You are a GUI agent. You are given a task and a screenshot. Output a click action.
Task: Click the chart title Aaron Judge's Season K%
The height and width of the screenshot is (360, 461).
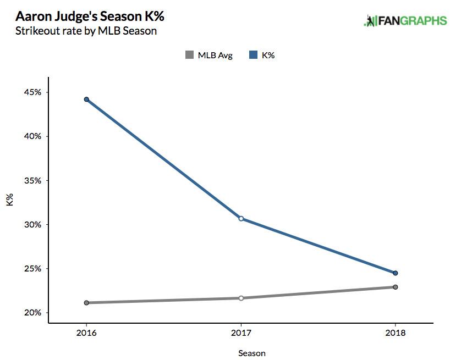[x=86, y=15]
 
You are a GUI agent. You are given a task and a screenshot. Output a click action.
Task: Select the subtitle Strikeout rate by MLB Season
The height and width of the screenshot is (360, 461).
[x=86, y=31]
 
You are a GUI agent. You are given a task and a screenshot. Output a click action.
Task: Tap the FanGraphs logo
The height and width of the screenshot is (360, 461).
[x=405, y=21]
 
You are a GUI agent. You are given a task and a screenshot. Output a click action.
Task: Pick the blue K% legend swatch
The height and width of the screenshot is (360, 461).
[x=254, y=55]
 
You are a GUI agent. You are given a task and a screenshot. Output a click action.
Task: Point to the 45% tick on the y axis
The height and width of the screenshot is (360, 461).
[x=32, y=92]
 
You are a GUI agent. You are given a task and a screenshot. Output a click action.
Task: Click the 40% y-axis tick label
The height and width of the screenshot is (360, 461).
[x=32, y=136]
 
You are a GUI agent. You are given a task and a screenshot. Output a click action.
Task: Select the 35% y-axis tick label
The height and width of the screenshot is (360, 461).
[x=32, y=181]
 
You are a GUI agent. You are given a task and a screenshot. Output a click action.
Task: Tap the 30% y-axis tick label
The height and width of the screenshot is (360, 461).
[x=32, y=225]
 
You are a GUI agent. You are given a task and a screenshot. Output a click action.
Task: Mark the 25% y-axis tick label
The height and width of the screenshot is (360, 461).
[x=32, y=269]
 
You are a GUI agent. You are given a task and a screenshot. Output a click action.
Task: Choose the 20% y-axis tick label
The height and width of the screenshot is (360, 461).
[x=32, y=313]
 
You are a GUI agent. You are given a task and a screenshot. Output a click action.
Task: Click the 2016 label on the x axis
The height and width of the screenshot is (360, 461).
[x=86, y=333]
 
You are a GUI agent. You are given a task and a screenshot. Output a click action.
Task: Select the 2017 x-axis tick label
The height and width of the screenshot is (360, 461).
[x=241, y=333]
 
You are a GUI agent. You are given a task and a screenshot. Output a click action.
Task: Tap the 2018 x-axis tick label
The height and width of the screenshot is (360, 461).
[x=395, y=333]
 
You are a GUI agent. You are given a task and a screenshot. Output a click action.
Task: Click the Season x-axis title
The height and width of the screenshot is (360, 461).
[x=252, y=353]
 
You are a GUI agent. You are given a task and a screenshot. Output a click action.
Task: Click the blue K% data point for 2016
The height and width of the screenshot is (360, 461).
[x=86, y=99]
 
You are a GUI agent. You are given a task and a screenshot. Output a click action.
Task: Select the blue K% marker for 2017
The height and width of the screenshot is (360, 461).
[x=241, y=219]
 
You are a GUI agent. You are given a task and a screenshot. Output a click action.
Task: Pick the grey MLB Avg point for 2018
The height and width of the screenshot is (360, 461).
[x=395, y=287]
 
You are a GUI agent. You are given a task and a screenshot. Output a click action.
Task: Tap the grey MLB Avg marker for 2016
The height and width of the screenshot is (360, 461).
[x=86, y=303]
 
